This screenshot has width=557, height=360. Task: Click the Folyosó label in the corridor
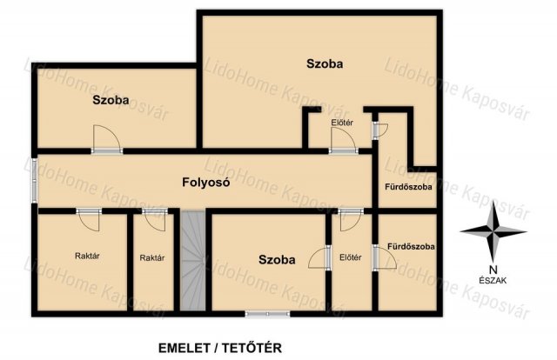[x=205, y=183]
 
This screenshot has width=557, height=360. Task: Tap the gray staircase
[x=192, y=261]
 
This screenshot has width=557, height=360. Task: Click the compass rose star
[x=493, y=232]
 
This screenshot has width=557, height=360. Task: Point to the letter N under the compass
[x=493, y=270]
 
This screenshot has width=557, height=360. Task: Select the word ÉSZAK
[x=493, y=281]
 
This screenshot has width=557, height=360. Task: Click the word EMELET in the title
[x=185, y=348]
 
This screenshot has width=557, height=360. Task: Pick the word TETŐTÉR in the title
[x=252, y=348]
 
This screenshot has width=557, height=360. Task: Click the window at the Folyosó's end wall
[x=35, y=180]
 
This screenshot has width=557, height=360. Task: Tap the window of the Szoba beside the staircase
[x=267, y=314]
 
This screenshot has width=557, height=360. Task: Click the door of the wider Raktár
[x=89, y=218]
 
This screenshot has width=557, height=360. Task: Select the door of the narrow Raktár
[x=155, y=218]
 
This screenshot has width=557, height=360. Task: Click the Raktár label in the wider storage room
[x=87, y=256]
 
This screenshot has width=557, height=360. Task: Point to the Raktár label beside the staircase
[x=152, y=257]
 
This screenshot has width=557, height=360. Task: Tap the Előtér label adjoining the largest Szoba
[x=342, y=123]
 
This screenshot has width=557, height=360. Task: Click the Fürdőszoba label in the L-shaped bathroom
[x=408, y=187]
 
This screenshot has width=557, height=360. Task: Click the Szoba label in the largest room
[x=325, y=63]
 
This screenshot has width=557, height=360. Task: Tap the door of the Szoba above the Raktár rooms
[x=106, y=139]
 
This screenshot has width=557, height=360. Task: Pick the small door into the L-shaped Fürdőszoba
[x=379, y=130]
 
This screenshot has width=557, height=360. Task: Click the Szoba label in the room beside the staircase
[x=277, y=259]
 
